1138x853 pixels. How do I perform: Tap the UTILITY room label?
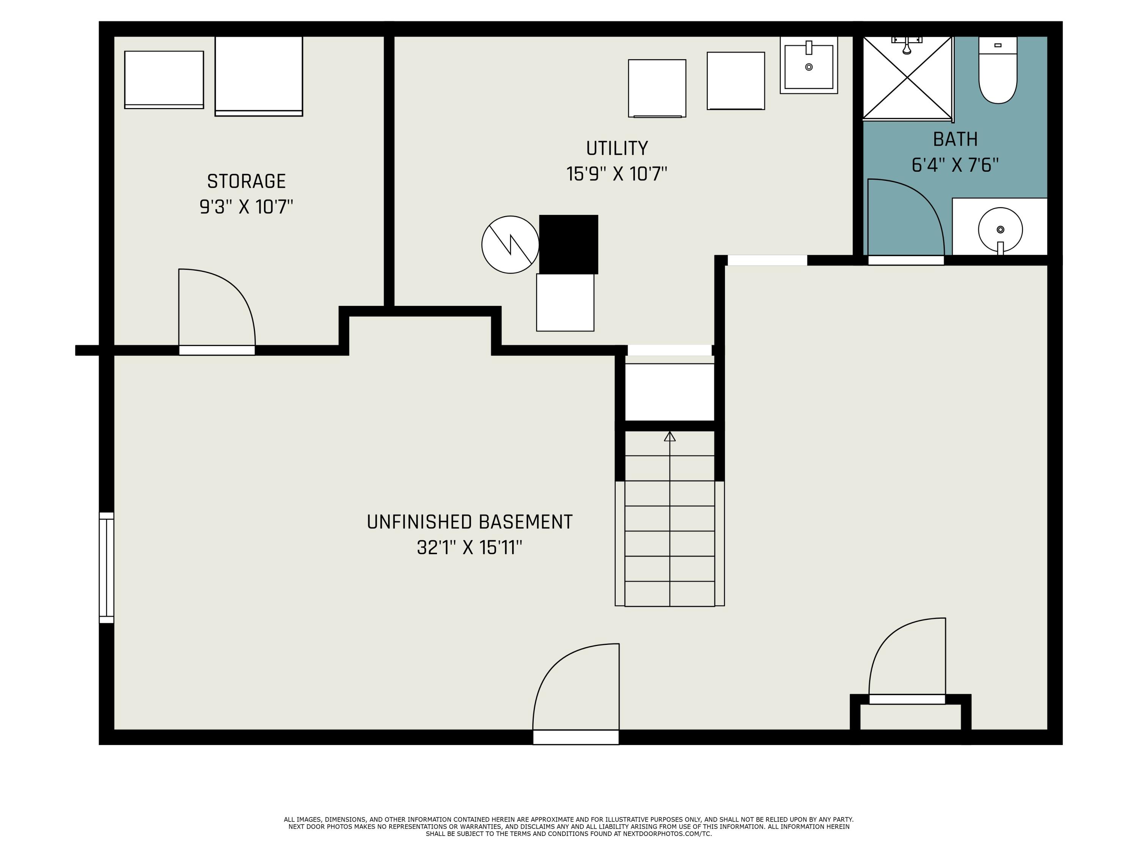pos(617,148)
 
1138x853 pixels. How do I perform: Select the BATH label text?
pos(956,140)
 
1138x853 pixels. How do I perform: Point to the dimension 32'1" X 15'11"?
pos(469,547)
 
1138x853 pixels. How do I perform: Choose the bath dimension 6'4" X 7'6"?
pos(956,165)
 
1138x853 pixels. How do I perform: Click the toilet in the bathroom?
pos(998,70)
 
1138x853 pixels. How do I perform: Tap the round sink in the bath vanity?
pos(1000,229)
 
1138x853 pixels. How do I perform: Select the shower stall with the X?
pos(907,78)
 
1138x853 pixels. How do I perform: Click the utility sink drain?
pos(809,67)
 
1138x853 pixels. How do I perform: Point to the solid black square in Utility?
pos(569,244)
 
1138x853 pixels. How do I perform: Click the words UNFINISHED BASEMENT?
pos(469,522)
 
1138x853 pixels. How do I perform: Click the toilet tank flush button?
pos(998,45)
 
